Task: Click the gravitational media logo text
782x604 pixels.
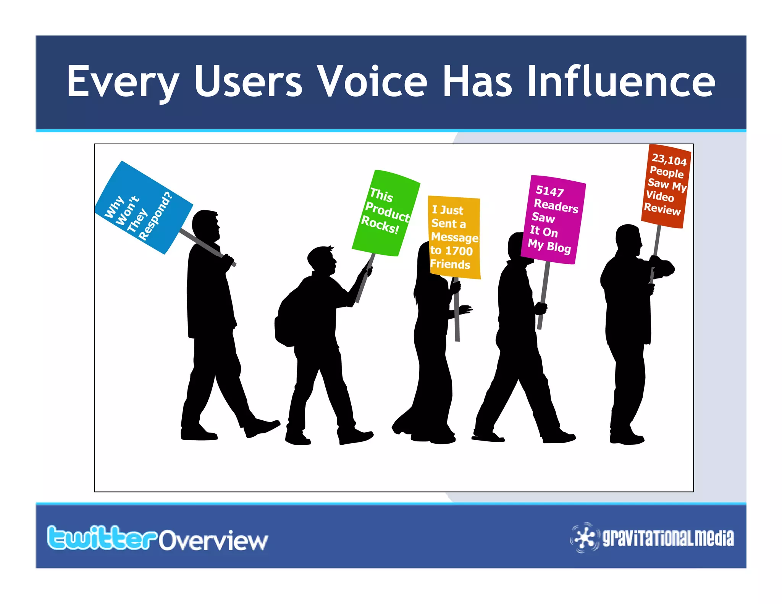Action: click(x=668, y=538)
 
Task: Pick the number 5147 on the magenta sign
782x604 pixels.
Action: click(x=550, y=191)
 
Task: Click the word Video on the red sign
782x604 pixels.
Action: click(x=660, y=196)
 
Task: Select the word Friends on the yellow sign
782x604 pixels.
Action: click(x=450, y=264)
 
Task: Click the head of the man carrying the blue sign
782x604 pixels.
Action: click(x=206, y=225)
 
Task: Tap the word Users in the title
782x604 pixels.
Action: click(x=248, y=81)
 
